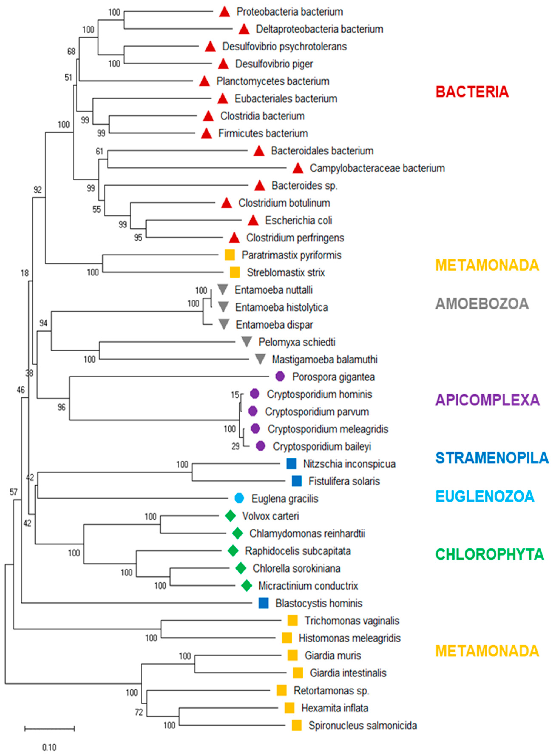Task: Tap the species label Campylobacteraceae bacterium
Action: [377, 168]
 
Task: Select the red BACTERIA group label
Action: [472, 92]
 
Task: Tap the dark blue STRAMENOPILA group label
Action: [492, 458]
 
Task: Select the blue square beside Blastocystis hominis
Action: [264, 603]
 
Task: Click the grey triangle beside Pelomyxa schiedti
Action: [246, 342]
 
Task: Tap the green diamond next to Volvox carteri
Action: [230, 516]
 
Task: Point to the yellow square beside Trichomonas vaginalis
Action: [293, 620]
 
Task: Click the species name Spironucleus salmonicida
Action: [363, 726]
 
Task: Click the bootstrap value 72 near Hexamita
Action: [139, 713]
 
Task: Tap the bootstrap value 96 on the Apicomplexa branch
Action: [61, 407]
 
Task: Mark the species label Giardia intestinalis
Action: [348, 673]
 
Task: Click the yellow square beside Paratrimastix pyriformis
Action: [230, 255]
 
